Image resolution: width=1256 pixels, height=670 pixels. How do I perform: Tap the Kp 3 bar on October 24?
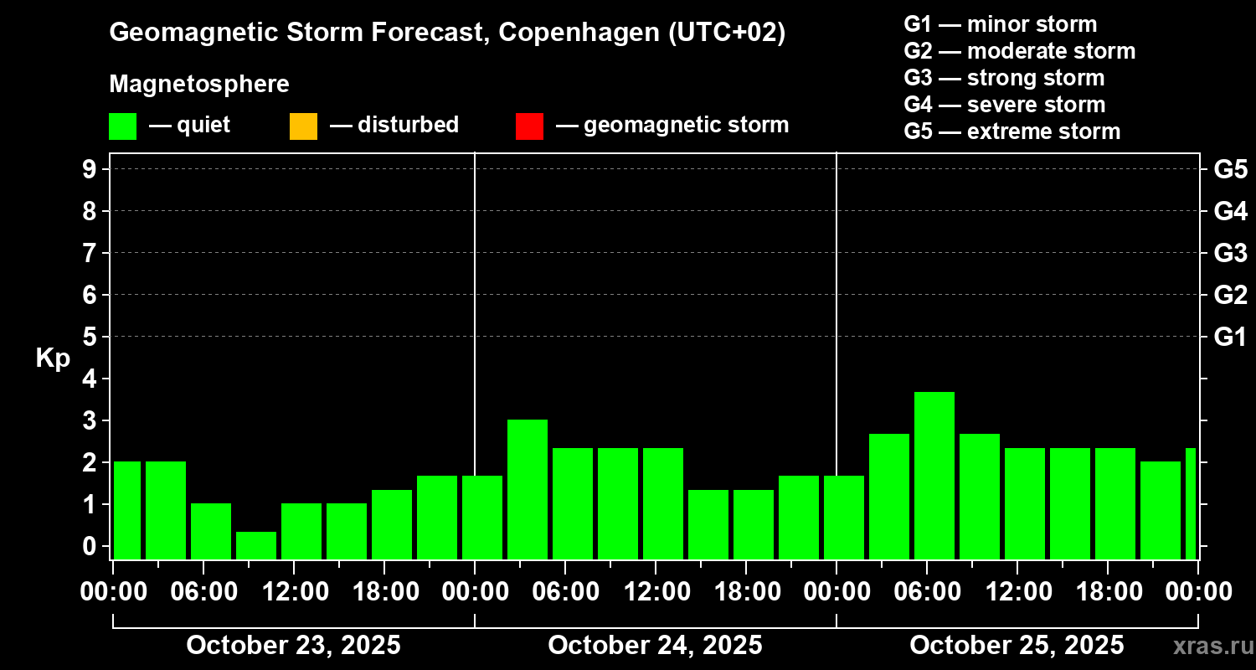coord(528,489)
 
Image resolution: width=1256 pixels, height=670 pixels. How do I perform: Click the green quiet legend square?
coord(122,126)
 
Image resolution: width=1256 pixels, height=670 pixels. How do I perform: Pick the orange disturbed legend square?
coord(303,126)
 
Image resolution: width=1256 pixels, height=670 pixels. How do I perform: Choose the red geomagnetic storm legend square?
coord(529,126)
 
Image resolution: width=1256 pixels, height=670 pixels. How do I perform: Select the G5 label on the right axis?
coord(1230,169)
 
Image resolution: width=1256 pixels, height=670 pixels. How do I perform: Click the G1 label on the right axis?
coord(1230,337)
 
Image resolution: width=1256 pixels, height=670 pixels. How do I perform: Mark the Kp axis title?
coord(53,358)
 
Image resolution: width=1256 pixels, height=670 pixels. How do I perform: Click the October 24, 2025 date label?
coord(655,646)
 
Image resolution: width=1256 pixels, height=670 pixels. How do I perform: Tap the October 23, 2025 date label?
coord(293,646)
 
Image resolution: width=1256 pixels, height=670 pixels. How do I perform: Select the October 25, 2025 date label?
coord(1017,646)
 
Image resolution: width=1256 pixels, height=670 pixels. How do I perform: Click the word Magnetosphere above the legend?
coord(199,85)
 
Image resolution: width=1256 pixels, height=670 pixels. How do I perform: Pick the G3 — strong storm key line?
coord(1004,78)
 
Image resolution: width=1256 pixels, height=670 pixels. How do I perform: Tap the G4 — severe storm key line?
coord(1005,105)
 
